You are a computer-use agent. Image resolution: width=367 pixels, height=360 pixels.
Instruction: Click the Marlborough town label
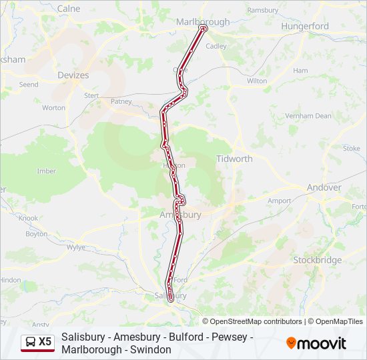(x=202, y=21)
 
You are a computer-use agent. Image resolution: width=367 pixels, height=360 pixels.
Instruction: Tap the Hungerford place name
(x=305, y=26)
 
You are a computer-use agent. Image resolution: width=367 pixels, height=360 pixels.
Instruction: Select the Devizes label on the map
(x=73, y=75)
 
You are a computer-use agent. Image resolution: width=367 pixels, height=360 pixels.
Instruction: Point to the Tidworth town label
(x=234, y=159)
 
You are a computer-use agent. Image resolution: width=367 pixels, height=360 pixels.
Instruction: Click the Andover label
(x=324, y=187)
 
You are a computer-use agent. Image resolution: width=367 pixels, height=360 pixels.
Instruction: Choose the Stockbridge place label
(x=317, y=260)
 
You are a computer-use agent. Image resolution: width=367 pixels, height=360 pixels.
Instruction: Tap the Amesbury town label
(x=180, y=215)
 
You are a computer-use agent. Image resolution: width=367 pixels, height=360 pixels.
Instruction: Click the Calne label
(x=69, y=9)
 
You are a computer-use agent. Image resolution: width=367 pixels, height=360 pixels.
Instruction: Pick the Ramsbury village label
(x=262, y=10)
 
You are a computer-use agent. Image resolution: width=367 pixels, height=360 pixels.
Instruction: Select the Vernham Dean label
(x=308, y=115)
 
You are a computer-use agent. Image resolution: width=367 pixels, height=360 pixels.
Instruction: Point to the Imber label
(x=47, y=171)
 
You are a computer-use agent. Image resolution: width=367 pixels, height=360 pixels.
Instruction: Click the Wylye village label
(x=77, y=247)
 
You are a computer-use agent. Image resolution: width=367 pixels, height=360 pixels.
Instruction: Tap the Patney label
(x=121, y=101)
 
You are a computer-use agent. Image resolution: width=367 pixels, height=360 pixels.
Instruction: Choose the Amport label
(x=279, y=201)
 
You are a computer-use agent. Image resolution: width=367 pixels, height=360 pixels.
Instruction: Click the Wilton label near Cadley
(x=257, y=81)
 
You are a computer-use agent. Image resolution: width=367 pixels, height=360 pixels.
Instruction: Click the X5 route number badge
(x=45, y=342)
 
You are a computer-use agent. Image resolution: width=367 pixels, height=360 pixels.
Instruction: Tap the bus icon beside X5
(x=30, y=342)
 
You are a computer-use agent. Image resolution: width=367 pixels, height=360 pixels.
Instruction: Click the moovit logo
(x=316, y=343)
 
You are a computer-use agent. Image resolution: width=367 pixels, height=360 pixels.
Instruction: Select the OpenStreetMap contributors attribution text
(x=253, y=321)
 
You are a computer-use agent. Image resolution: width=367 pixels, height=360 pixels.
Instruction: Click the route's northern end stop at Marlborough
(x=204, y=28)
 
